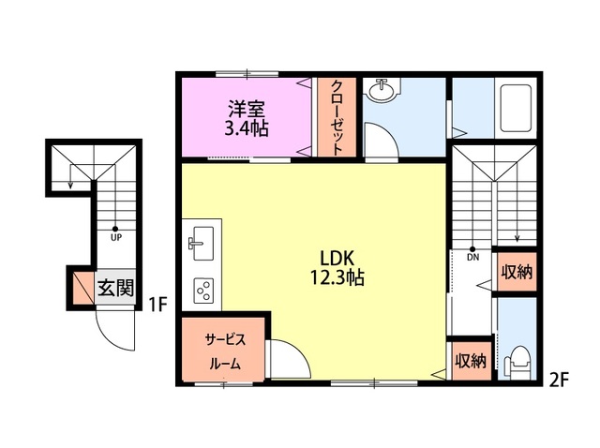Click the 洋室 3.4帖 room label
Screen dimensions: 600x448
tap(247, 119)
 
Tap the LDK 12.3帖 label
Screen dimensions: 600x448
tap(337, 268)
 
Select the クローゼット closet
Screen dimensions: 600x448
tap(337, 117)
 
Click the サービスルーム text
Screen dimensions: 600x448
tap(225, 351)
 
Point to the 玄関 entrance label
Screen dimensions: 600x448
tap(115, 288)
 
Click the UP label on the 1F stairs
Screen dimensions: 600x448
tap(116, 237)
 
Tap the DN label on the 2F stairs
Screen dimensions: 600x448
tap(472, 258)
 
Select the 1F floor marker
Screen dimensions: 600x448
tap(158, 305)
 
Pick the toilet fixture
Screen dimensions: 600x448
tap(517, 363)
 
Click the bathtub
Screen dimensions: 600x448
tap(516, 109)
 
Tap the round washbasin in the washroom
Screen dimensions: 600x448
tap(382, 90)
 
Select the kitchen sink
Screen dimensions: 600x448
tap(202, 244)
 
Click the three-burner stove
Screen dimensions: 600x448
tap(204, 291)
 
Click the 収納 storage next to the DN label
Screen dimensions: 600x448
tap(517, 272)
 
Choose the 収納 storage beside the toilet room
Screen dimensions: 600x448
tap(471, 361)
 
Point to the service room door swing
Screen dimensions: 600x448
tap(290, 359)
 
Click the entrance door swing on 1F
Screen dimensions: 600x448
tap(114, 330)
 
